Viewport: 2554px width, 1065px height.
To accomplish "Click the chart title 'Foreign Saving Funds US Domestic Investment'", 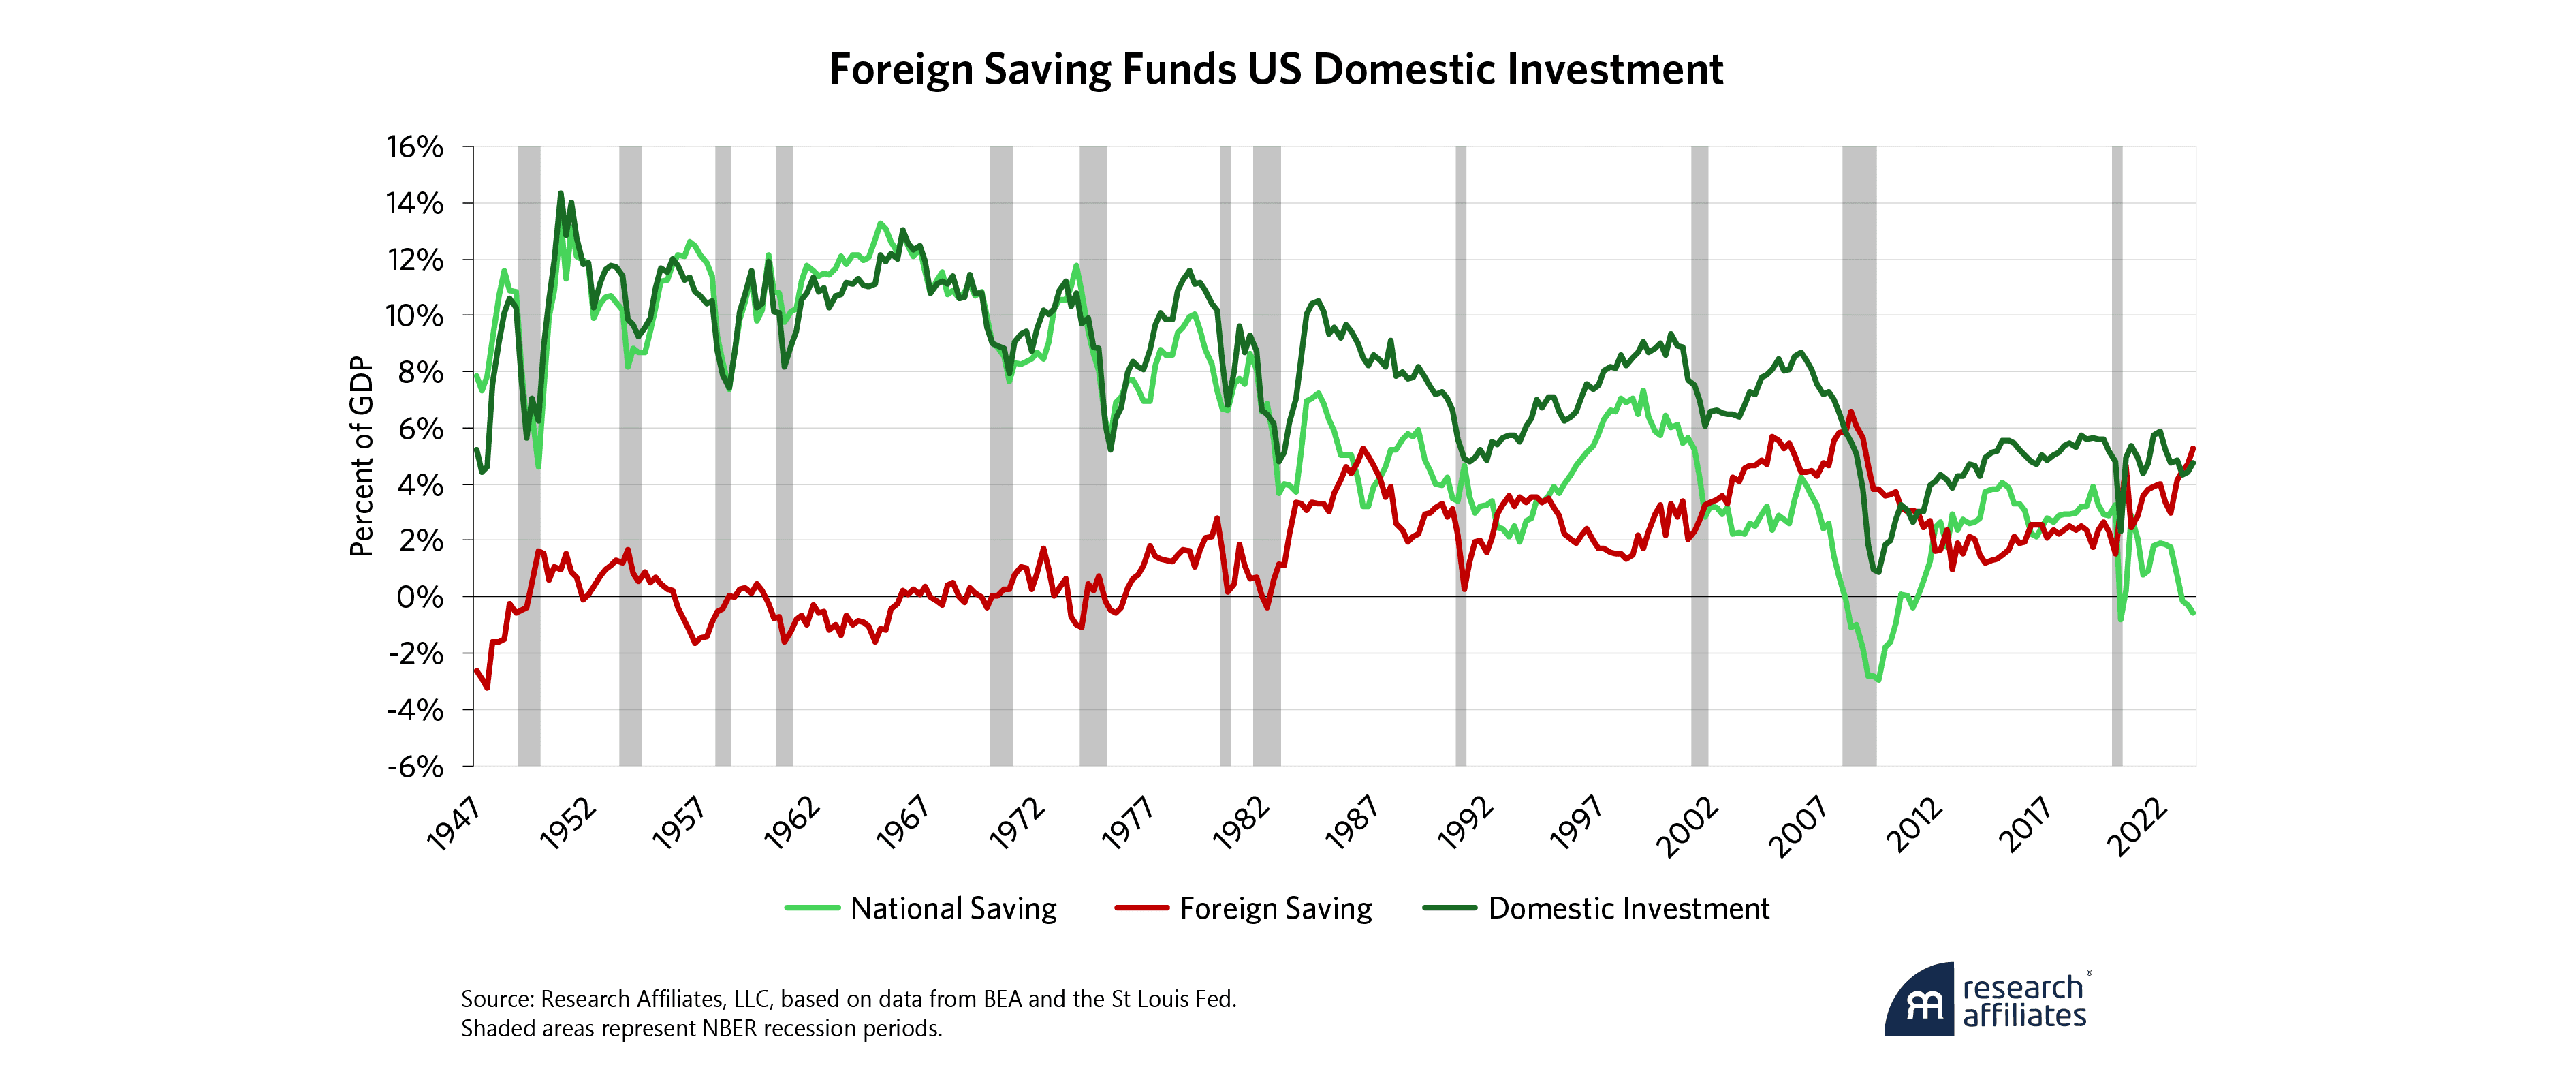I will click(x=1276, y=70).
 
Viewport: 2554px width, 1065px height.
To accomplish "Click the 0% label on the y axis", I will click(x=420, y=597).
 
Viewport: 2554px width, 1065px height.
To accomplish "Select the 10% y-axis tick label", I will click(x=415, y=315).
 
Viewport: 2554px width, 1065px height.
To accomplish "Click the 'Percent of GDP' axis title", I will click(x=362, y=456).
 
